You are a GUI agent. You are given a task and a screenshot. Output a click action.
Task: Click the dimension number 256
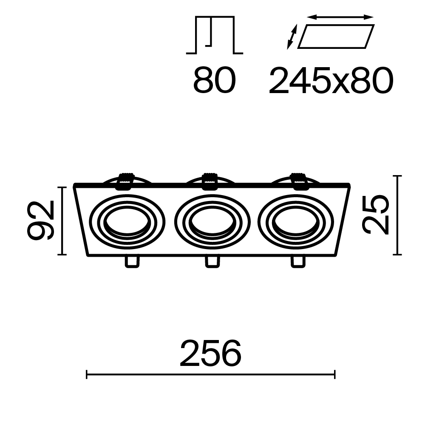[x=210, y=354]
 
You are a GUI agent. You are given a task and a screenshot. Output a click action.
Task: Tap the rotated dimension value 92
[x=41, y=221]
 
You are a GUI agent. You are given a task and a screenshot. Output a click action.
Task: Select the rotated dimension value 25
[x=376, y=215]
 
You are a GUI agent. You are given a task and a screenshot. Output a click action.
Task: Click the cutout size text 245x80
[x=331, y=81]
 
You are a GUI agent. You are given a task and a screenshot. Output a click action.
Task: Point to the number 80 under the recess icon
[x=214, y=81]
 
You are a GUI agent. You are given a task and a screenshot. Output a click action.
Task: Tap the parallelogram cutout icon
[x=336, y=36]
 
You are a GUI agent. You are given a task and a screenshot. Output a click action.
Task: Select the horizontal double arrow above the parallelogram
[x=340, y=17]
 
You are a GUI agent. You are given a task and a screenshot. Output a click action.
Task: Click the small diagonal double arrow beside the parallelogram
[x=292, y=37]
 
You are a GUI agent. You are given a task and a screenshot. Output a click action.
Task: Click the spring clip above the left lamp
[x=126, y=181]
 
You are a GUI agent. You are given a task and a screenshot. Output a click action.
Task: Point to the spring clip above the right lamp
[x=299, y=181]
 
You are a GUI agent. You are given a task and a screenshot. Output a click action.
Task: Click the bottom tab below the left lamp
[x=131, y=261]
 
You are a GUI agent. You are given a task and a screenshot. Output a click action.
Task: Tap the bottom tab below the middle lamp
[x=212, y=261]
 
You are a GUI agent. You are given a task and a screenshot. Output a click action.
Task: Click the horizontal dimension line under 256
[x=211, y=374]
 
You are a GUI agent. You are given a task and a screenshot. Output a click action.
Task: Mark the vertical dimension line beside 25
[x=397, y=215]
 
